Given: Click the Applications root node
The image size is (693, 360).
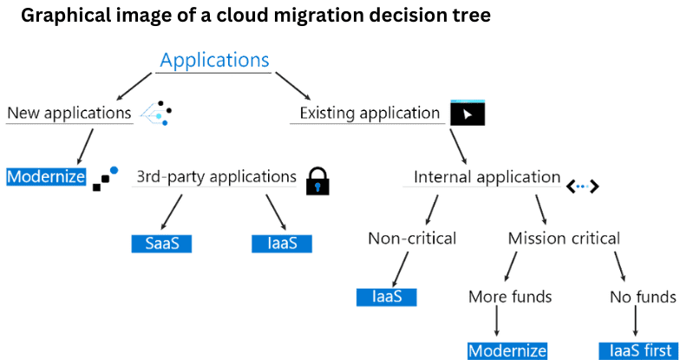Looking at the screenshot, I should click(214, 60).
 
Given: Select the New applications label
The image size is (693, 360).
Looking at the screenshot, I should click(69, 113).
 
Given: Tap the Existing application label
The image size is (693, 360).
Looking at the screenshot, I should click(369, 113).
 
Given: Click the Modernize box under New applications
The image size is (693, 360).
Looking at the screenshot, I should click(46, 177).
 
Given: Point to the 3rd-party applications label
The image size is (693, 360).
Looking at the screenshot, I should click(216, 177).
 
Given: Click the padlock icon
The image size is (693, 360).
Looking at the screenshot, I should click(318, 179).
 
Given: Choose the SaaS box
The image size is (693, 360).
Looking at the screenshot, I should click(161, 243).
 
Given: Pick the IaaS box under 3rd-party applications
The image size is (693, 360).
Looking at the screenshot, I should click(281, 243).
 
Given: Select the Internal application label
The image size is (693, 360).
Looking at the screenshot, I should click(487, 177).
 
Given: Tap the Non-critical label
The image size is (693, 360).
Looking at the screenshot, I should click(412, 239).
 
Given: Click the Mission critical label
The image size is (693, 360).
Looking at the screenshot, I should click(564, 239).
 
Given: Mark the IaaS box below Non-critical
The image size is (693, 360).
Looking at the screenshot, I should click(387, 297).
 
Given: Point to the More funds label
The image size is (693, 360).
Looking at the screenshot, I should click(510, 297).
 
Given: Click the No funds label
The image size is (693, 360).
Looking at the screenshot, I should click(643, 297).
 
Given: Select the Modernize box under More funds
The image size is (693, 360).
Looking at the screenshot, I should click(507, 350).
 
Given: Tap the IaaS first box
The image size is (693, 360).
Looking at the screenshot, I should click(636, 350).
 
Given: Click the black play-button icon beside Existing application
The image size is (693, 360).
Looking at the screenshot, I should click(467, 114).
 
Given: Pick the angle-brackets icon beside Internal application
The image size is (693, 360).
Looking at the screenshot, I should click(583, 185).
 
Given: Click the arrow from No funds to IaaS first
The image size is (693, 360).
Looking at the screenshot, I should click(637, 324).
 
